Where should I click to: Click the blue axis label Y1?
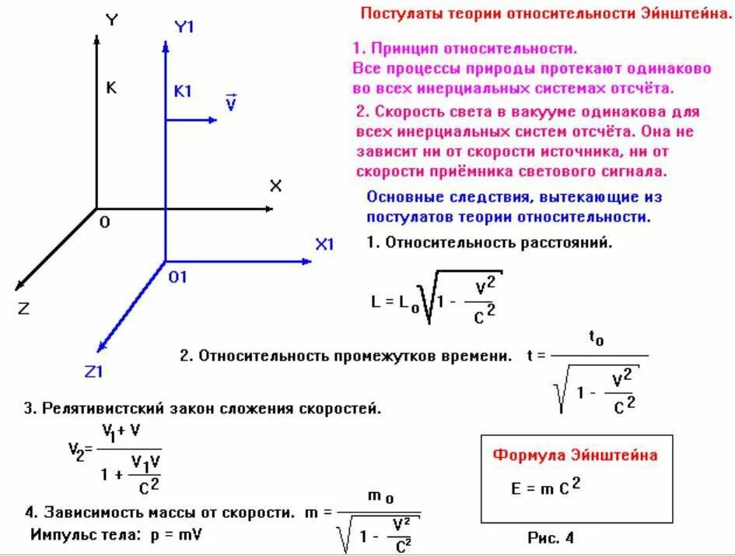tap(184, 26)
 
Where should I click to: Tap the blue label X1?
tap(324, 245)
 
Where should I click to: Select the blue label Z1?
tap(94, 371)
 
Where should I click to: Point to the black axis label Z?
tap(23, 308)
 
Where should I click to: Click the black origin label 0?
tap(104, 223)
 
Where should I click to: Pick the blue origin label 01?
tap(178, 276)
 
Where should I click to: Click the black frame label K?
tap(111, 88)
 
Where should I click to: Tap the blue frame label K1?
tap(183, 91)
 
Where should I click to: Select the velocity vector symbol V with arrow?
tap(230, 103)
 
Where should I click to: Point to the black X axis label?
tap(275, 185)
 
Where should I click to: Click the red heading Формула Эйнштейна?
tap(576, 455)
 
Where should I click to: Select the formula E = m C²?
tap(546, 487)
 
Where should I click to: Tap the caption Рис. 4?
tap(550, 537)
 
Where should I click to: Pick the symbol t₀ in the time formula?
tap(597, 338)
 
